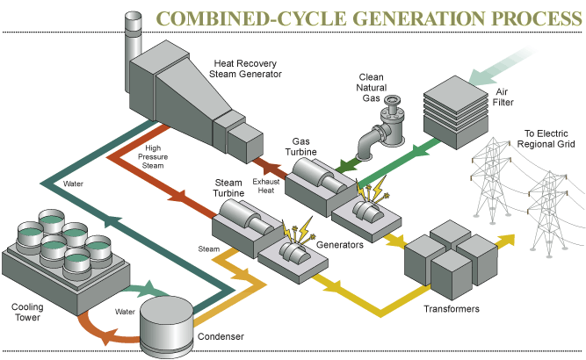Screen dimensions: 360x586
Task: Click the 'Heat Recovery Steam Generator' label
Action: pyautogui.click(x=248, y=68)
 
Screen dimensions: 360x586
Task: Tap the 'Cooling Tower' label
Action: pyautogui.click(x=27, y=313)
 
